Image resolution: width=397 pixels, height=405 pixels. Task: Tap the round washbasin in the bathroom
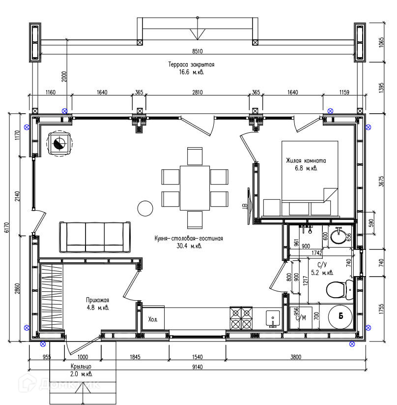[338, 236]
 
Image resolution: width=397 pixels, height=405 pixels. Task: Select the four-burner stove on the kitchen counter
[241, 318]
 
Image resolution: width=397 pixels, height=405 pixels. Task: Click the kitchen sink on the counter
[273, 319]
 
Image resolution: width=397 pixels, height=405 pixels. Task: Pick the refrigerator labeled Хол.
[153, 318]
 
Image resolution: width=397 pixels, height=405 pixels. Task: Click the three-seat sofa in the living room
[95, 237]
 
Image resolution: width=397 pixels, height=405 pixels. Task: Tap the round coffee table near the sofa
[145, 208]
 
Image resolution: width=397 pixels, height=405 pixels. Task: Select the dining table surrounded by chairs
[195, 188]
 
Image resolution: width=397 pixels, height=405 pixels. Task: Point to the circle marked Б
[340, 316]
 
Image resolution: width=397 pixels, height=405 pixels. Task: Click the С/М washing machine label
[301, 318]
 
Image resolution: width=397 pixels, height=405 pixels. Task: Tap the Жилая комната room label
[306, 160]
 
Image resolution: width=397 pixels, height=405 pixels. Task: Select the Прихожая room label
[97, 300]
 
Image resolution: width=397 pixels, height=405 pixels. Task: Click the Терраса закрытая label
[192, 64]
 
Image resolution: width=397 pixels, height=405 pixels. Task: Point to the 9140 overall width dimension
[198, 367]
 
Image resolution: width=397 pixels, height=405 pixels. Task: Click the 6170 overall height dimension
[7, 227]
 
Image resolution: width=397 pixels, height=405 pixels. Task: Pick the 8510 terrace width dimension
[198, 51]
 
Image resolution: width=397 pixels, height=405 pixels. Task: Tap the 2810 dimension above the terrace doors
[198, 92]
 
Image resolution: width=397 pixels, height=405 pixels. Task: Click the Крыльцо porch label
[81, 367]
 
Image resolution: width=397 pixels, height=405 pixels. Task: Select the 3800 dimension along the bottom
[296, 357]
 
